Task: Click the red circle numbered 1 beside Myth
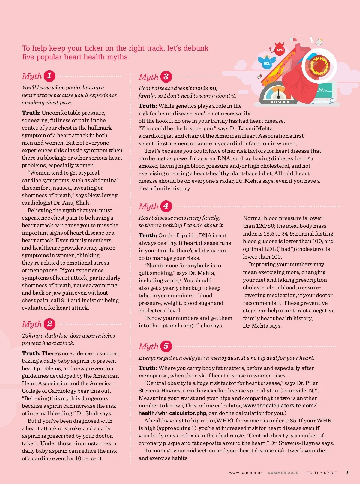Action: (49, 76)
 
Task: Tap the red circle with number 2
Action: (49, 324)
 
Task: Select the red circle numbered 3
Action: (166, 77)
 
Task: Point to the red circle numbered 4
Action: (166, 206)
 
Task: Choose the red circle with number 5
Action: (166, 346)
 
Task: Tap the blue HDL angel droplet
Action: (267, 63)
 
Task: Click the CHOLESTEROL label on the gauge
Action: (278, 102)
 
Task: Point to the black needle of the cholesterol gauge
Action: (278, 93)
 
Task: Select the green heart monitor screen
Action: (324, 90)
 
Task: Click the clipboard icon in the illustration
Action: (319, 42)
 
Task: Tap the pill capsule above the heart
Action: (293, 40)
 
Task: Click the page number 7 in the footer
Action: (347, 473)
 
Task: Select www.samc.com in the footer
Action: (246, 473)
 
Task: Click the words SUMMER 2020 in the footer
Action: (283, 473)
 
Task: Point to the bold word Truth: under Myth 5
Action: (148, 368)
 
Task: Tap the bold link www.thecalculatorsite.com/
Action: (280, 406)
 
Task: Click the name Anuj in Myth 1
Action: (68, 203)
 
